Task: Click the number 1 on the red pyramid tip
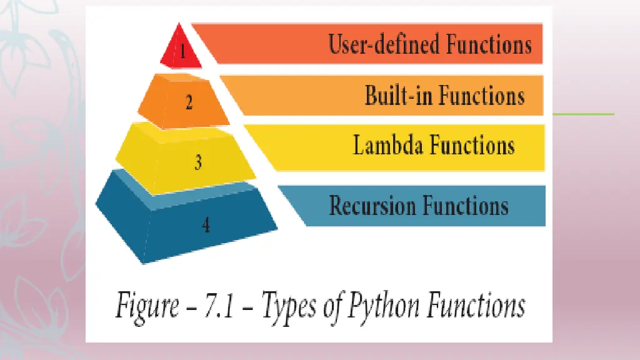pos(182,52)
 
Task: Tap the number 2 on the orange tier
pos(189,102)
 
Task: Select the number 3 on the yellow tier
pos(197,162)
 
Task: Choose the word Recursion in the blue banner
pos(372,206)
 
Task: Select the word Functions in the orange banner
pos(481,96)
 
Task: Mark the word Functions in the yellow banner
pos(472,145)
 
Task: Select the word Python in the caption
pos(375,307)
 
